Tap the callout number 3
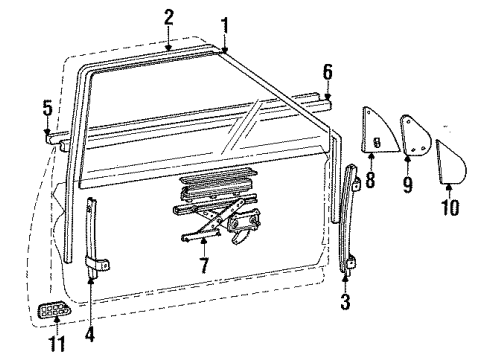coord(345,299)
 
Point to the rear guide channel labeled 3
coord(351,215)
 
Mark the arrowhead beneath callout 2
coord(168,44)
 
